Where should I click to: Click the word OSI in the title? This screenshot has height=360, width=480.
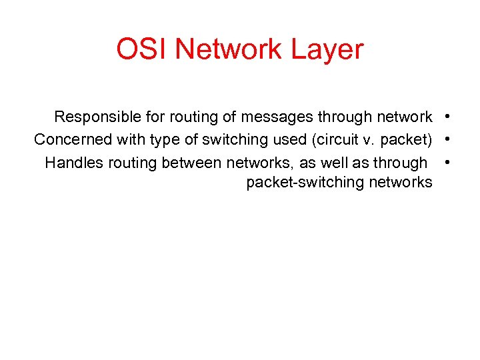[136, 50]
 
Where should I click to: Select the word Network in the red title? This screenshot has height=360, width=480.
[228, 50]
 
